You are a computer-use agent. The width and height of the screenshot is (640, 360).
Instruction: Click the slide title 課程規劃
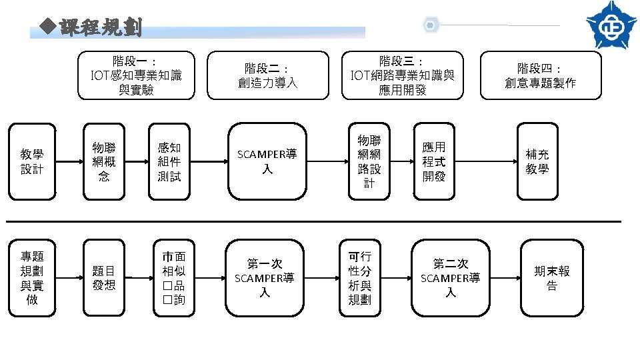coord(100,28)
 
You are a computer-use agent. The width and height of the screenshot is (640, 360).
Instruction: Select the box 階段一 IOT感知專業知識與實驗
coord(136,75)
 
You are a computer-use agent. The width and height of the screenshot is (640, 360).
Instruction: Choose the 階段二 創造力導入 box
coord(267,75)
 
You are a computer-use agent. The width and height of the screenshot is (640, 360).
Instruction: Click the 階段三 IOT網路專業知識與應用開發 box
coord(402,75)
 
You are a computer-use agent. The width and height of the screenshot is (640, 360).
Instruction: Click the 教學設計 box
coord(31,161)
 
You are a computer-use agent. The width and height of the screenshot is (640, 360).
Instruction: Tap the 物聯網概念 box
coord(103,161)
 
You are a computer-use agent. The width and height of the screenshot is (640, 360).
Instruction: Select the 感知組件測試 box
coord(169,161)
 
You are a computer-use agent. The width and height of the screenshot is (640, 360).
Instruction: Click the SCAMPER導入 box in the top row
coord(267,161)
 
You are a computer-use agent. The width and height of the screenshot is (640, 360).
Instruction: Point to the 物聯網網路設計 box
coord(369,161)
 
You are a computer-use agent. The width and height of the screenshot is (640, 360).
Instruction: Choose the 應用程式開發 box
coord(433,161)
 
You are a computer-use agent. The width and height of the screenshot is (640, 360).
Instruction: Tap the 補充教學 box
coord(537,161)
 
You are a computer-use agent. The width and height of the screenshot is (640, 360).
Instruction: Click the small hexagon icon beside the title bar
coord(431,25)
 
